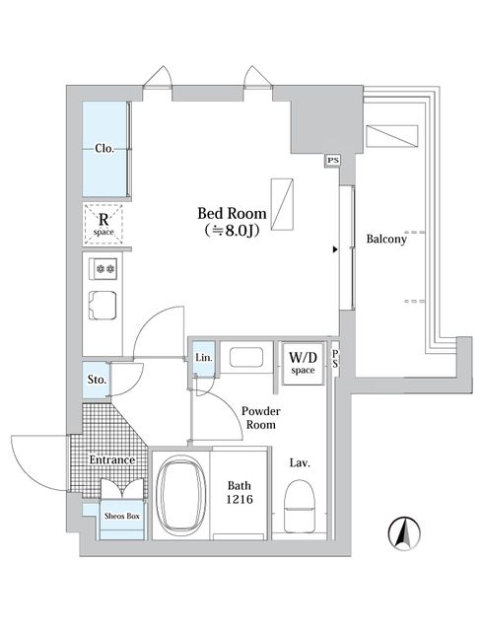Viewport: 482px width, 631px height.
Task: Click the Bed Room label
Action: click(x=229, y=213)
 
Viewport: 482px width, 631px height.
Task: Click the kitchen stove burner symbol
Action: click(x=103, y=268)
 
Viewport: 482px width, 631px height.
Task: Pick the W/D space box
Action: click(x=302, y=362)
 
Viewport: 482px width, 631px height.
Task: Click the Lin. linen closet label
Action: click(x=203, y=357)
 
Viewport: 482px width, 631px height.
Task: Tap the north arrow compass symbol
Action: click(x=402, y=534)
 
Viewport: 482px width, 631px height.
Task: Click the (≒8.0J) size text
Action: click(x=229, y=231)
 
